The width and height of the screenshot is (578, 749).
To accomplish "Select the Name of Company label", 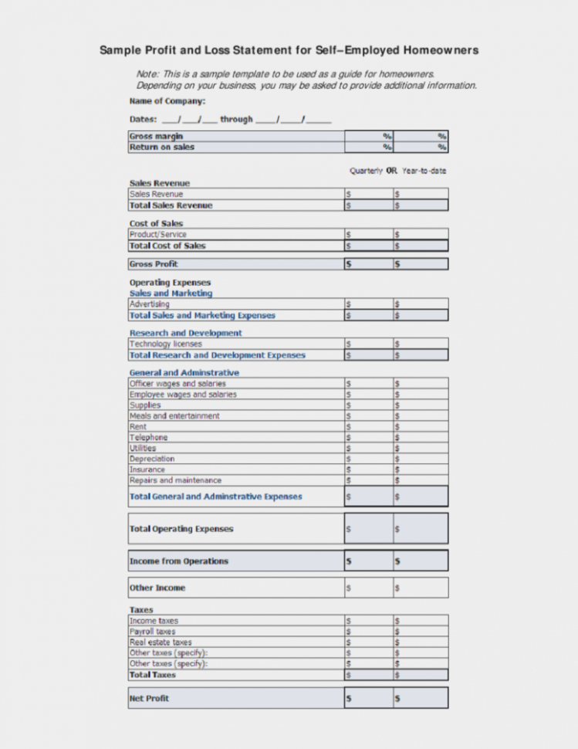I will (x=167, y=101).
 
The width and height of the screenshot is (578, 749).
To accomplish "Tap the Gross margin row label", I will (x=156, y=137).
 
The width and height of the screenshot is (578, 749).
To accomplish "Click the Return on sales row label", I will (x=162, y=147).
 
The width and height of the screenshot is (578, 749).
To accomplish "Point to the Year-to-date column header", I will (x=424, y=170).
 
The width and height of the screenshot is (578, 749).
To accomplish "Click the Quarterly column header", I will (x=366, y=170).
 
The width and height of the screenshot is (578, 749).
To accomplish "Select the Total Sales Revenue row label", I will (x=171, y=205).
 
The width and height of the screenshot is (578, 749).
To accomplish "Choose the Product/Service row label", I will (x=158, y=234).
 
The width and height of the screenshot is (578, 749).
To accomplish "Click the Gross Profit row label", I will (x=154, y=264).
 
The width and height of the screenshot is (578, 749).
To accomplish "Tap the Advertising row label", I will (x=150, y=304).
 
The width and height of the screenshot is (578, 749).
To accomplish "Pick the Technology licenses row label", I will (x=165, y=344).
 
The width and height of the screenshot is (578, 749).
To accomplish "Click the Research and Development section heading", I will (x=185, y=333).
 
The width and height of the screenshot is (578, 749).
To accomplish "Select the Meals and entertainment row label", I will (x=174, y=415).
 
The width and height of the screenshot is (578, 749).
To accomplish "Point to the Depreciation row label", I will (x=152, y=459).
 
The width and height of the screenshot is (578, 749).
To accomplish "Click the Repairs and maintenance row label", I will (x=176, y=480).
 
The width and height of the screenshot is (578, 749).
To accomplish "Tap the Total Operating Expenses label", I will (x=181, y=529).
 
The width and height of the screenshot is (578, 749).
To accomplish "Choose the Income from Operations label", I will (x=178, y=561).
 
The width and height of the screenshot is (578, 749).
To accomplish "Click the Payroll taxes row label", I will (x=152, y=631).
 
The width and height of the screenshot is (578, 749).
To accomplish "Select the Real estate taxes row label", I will (x=161, y=642).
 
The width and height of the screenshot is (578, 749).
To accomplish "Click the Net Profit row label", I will (x=149, y=698).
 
